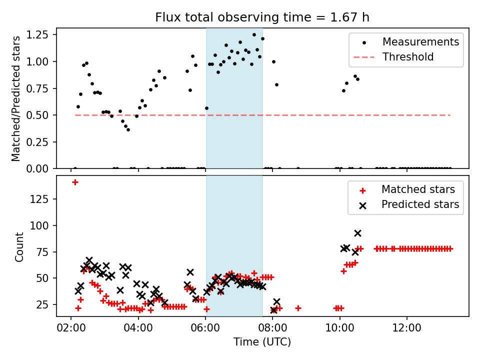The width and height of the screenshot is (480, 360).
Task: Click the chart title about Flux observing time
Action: point(262,17)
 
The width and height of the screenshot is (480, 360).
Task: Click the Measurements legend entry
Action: point(420,42)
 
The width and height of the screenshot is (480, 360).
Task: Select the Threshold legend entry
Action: point(408,57)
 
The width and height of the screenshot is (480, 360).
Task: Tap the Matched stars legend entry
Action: point(418,189)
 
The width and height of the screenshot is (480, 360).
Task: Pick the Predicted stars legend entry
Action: point(420,204)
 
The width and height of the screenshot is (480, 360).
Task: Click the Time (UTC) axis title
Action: point(262,342)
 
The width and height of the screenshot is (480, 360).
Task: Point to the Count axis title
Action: point(19,246)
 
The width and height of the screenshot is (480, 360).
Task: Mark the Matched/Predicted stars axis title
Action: point(16,98)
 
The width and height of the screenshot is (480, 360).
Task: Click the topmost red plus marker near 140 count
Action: point(75,182)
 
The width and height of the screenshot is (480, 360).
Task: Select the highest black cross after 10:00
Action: point(357,233)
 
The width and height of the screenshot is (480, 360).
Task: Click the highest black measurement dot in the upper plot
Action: point(254,35)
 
